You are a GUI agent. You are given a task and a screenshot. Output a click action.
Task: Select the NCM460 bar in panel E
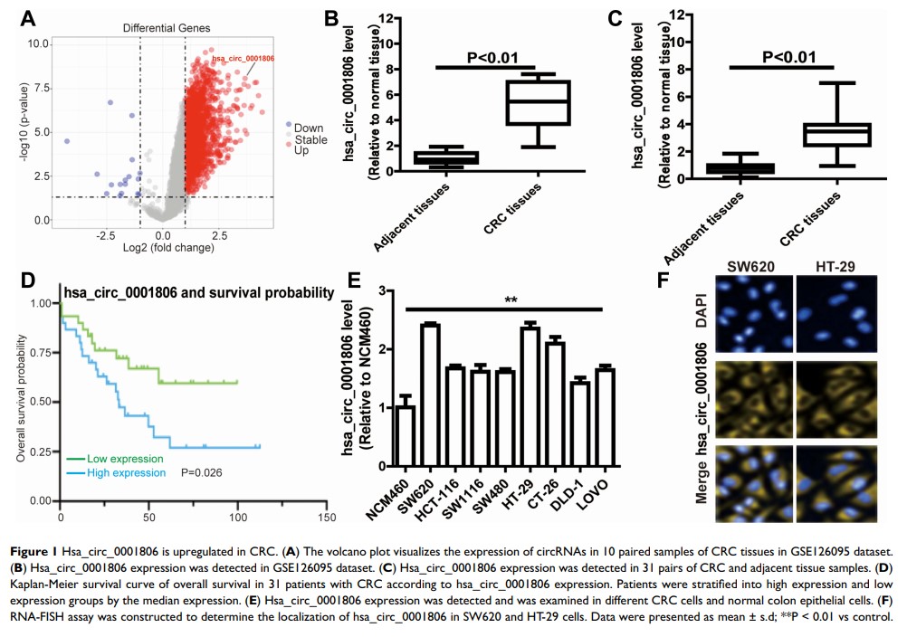[x=406, y=436]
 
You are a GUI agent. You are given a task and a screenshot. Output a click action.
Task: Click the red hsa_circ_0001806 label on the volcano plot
[x=243, y=59]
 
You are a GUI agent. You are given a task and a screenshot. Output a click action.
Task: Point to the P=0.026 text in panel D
[x=203, y=471]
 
